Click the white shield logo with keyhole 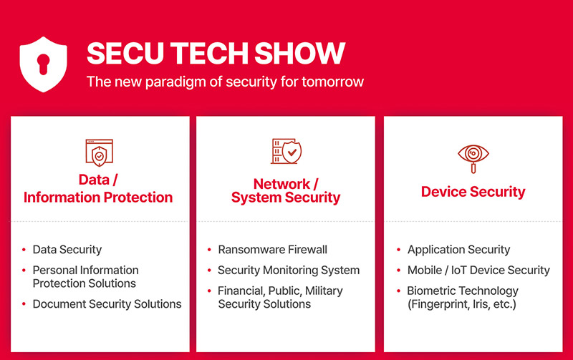(x=43, y=64)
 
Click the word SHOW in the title (x=299, y=53)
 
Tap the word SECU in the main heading (x=125, y=53)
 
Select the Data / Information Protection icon (x=99, y=152)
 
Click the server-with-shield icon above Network (x=286, y=151)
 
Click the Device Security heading (x=473, y=192)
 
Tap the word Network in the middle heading (x=281, y=184)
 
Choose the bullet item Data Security (x=67, y=250)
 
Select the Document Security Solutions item (x=107, y=304)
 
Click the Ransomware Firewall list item (x=273, y=250)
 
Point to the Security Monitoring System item (x=289, y=271)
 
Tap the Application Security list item (x=458, y=250)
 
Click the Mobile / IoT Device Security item (x=478, y=271)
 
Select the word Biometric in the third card (x=430, y=291)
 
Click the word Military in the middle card (x=324, y=291)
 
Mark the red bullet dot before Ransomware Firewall (x=209, y=250)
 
